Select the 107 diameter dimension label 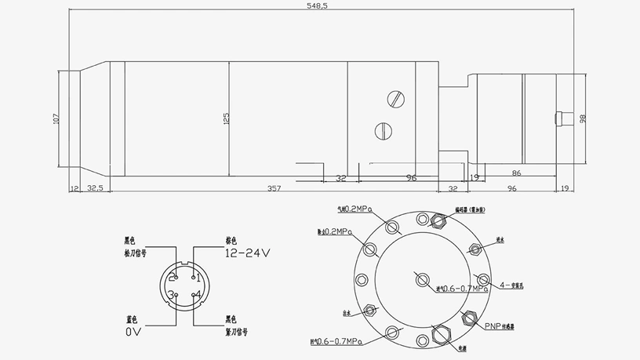point(56,119)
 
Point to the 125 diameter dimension point(225,119)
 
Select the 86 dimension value point(515,173)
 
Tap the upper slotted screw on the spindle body point(396,99)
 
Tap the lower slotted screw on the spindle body point(383,129)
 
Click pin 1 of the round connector point(198,278)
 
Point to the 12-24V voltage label point(247,253)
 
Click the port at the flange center point(423,279)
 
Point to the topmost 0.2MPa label point(353,210)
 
